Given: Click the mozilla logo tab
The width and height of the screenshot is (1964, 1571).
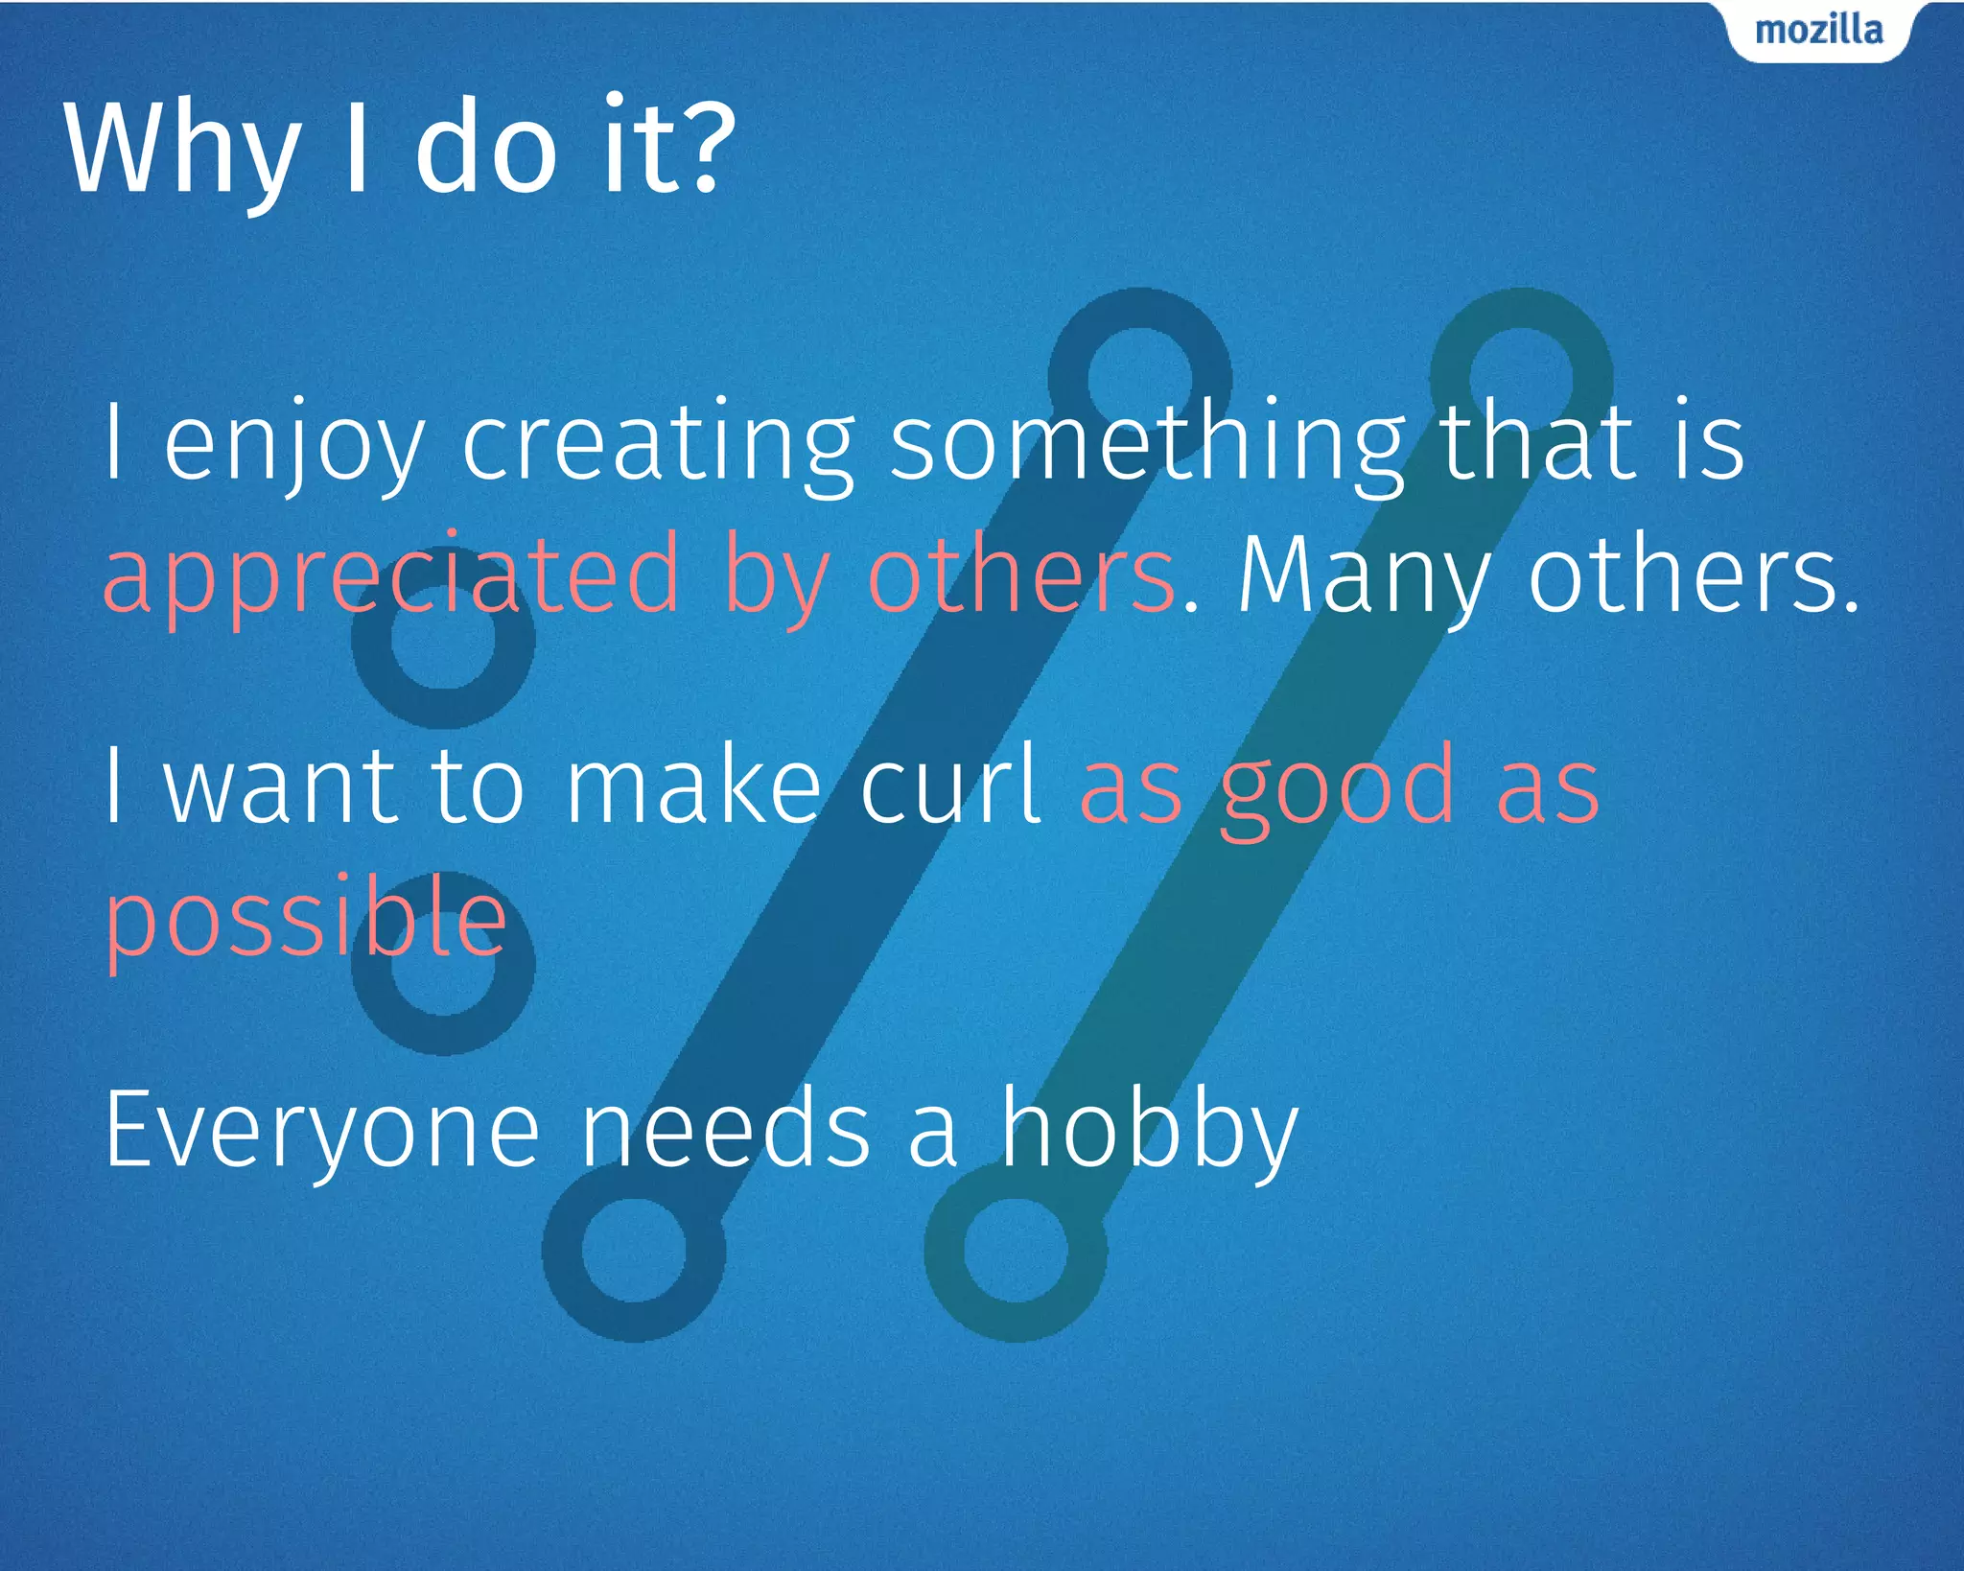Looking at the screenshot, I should point(1818,31).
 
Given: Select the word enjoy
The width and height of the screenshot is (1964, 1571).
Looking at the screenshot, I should point(293,443).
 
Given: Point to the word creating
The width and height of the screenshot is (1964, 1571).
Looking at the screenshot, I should point(658,443).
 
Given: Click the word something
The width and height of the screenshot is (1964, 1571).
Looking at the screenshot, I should point(1147,443).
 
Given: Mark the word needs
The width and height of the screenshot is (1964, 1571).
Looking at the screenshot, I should point(727,1130).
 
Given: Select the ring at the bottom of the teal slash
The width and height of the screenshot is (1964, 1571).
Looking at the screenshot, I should point(1016,1250).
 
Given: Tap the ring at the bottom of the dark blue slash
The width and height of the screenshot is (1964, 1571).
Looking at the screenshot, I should point(634,1250).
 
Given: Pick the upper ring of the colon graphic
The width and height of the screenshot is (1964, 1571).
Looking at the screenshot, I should point(443,639).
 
